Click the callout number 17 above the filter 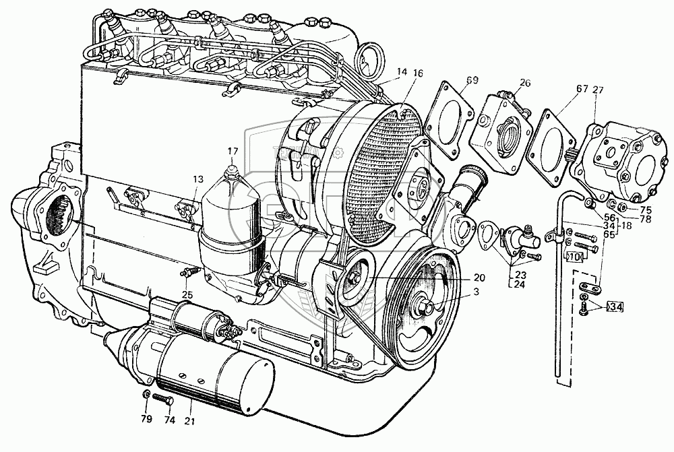[x=233, y=152]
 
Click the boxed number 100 [x=574, y=257]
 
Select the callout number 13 [x=197, y=179]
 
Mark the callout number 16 [x=419, y=73]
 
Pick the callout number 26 [x=525, y=83]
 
